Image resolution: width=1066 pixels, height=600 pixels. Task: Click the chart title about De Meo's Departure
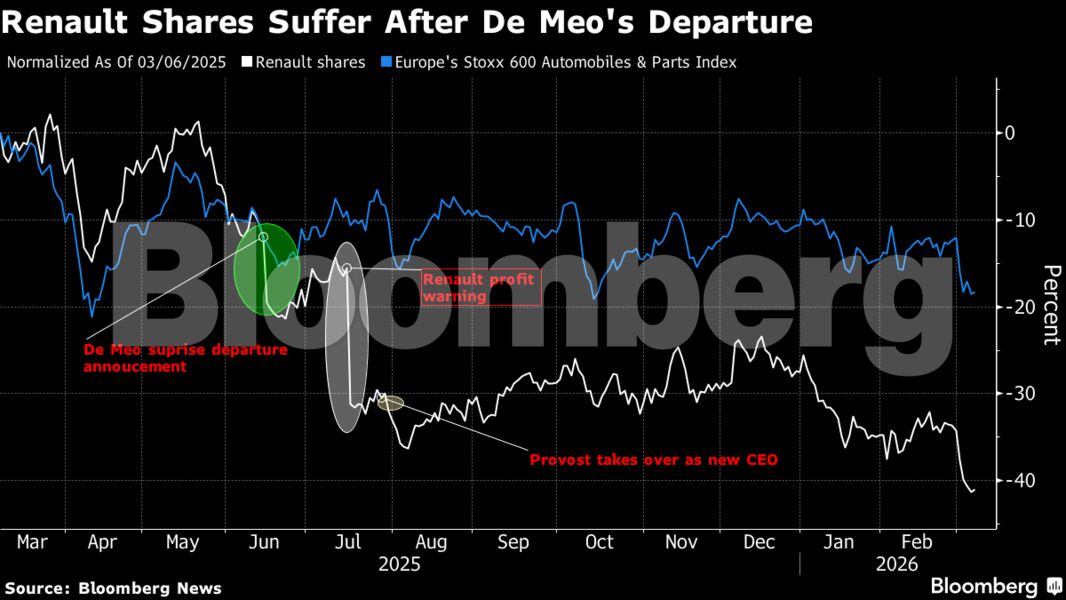[x=407, y=22]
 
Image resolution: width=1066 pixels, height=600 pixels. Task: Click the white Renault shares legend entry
[x=309, y=62]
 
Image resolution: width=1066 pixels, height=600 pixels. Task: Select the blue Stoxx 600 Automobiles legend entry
[x=559, y=62]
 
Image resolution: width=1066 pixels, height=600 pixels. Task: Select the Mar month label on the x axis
[x=32, y=542]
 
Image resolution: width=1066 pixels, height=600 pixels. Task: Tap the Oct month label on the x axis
[x=599, y=542]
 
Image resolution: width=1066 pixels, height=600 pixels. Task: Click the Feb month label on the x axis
[x=918, y=542]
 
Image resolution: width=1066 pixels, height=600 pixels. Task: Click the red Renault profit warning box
[x=480, y=288]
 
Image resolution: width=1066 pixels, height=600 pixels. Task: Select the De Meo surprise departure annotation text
[x=185, y=358]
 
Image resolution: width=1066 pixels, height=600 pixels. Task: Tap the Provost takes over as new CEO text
[x=653, y=460]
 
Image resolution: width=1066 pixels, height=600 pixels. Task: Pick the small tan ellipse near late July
[x=391, y=403]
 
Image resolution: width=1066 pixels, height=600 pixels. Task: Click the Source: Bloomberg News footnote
[x=113, y=588]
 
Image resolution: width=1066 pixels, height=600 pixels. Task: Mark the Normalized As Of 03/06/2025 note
[x=116, y=62]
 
